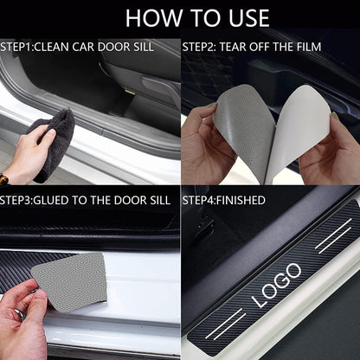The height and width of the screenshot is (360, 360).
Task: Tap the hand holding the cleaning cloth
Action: (x=31, y=156)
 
